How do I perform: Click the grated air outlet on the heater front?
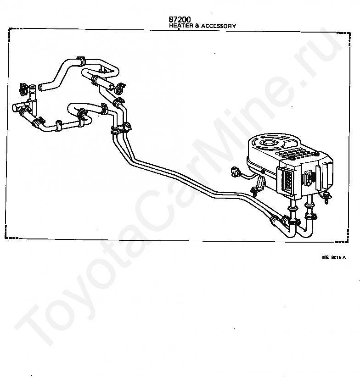tap(286, 180)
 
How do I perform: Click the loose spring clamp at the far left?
tap(23, 87)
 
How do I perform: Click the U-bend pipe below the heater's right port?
tap(305, 229)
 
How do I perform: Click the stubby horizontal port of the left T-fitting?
tap(17, 108)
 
